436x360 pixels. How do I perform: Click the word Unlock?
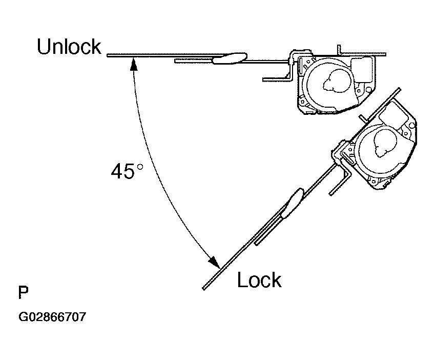coord(69,47)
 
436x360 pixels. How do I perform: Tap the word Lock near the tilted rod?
coord(259,279)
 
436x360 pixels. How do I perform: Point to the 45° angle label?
coord(127,171)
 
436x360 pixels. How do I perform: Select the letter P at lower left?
coord(24,292)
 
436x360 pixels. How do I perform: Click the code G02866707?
coord(52,317)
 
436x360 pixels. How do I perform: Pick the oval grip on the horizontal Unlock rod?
coord(230,58)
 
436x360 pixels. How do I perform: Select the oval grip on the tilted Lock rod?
coord(292,203)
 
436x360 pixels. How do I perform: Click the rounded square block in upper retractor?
coord(362,70)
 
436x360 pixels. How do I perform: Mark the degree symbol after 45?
coord(140,167)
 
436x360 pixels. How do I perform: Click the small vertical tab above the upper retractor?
coord(339,49)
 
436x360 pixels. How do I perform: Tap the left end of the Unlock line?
coord(108,55)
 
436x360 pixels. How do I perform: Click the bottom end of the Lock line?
coord(204,289)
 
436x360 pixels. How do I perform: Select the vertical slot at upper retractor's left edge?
coord(301,66)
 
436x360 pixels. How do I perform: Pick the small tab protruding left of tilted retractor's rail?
coord(363,118)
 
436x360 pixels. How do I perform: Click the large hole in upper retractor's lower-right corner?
coord(369,89)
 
